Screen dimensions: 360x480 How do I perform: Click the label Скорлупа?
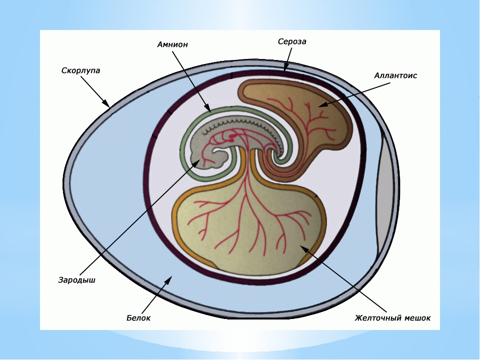pos(80,70)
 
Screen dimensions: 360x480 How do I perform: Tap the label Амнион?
pos(172,44)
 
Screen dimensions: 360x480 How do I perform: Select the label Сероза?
pos(292,42)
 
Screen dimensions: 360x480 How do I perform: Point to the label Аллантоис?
pos(395,75)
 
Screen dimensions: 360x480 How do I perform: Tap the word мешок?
pos(417,317)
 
